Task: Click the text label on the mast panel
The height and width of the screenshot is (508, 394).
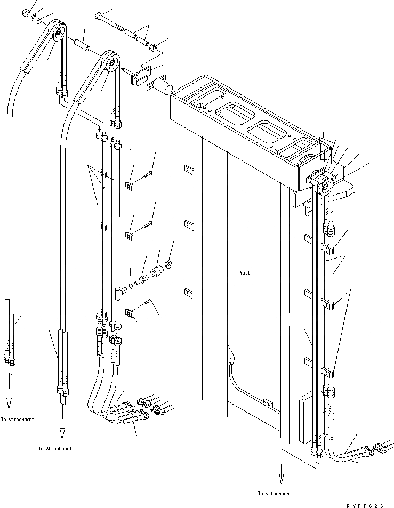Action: coord(245,273)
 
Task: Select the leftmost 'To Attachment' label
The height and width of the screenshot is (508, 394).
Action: coord(18,420)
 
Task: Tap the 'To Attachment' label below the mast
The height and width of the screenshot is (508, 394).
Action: coord(274,493)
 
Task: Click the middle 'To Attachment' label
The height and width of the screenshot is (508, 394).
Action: coord(55,449)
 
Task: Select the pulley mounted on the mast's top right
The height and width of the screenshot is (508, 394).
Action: coord(324,186)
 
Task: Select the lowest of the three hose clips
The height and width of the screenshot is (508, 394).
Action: coord(129,313)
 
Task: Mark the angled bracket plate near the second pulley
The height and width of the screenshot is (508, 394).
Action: coord(140,76)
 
